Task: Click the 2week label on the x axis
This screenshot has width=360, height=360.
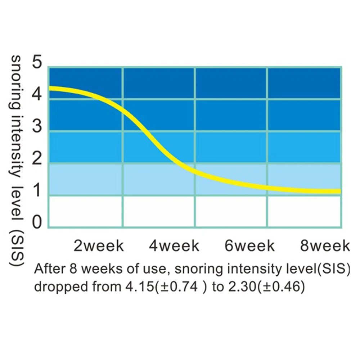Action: coord(99,246)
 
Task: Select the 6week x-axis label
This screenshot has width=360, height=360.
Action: coord(249,246)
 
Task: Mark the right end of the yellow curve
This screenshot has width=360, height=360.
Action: coord(339,192)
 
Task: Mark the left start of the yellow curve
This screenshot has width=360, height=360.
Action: coord(50,88)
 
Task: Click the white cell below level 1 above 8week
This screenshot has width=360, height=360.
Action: coord(304,212)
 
